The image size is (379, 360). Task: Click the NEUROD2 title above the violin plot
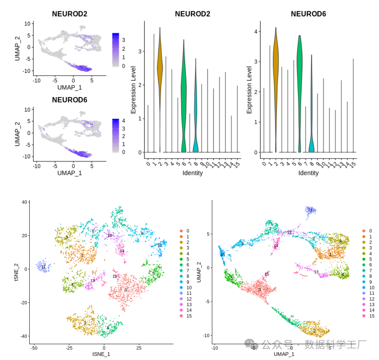tap(192, 14)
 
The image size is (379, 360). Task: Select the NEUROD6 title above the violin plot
tap(308, 14)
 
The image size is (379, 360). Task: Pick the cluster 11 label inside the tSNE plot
tap(43, 267)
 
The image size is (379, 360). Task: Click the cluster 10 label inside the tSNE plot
tap(160, 245)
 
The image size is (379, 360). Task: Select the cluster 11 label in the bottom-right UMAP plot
tap(310, 210)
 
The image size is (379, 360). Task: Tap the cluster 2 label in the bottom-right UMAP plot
tap(315, 331)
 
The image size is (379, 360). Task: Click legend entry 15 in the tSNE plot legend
tap(189, 316)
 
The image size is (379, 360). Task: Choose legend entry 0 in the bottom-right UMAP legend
tap(370, 231)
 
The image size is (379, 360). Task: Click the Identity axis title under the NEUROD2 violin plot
tap(192, 173)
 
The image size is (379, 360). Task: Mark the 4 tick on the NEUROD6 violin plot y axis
tap(255, 32)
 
